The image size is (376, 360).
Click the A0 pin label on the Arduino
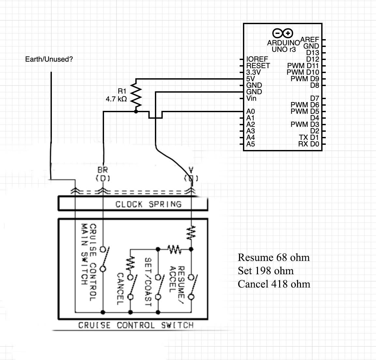point(250,112)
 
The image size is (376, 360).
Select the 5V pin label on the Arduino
point(250,79)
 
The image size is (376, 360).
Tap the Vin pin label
point(251,98)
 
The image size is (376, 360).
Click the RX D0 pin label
point(308,144)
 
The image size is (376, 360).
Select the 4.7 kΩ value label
point(116,99)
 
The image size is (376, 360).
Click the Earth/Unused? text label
point(49,59)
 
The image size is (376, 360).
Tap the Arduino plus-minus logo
point(283,33)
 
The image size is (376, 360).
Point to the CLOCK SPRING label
point(148,204)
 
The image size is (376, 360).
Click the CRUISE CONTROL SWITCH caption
point(136,325)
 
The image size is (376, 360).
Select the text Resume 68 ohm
point(273,258)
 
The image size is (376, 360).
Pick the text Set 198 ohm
point(265,271)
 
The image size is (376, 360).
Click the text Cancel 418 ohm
point(274,284)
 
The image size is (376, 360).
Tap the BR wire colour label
point(102,170)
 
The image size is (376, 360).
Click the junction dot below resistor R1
point(136,112)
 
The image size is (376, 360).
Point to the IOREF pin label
point(257,59)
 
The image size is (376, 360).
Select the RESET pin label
point(258,66)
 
